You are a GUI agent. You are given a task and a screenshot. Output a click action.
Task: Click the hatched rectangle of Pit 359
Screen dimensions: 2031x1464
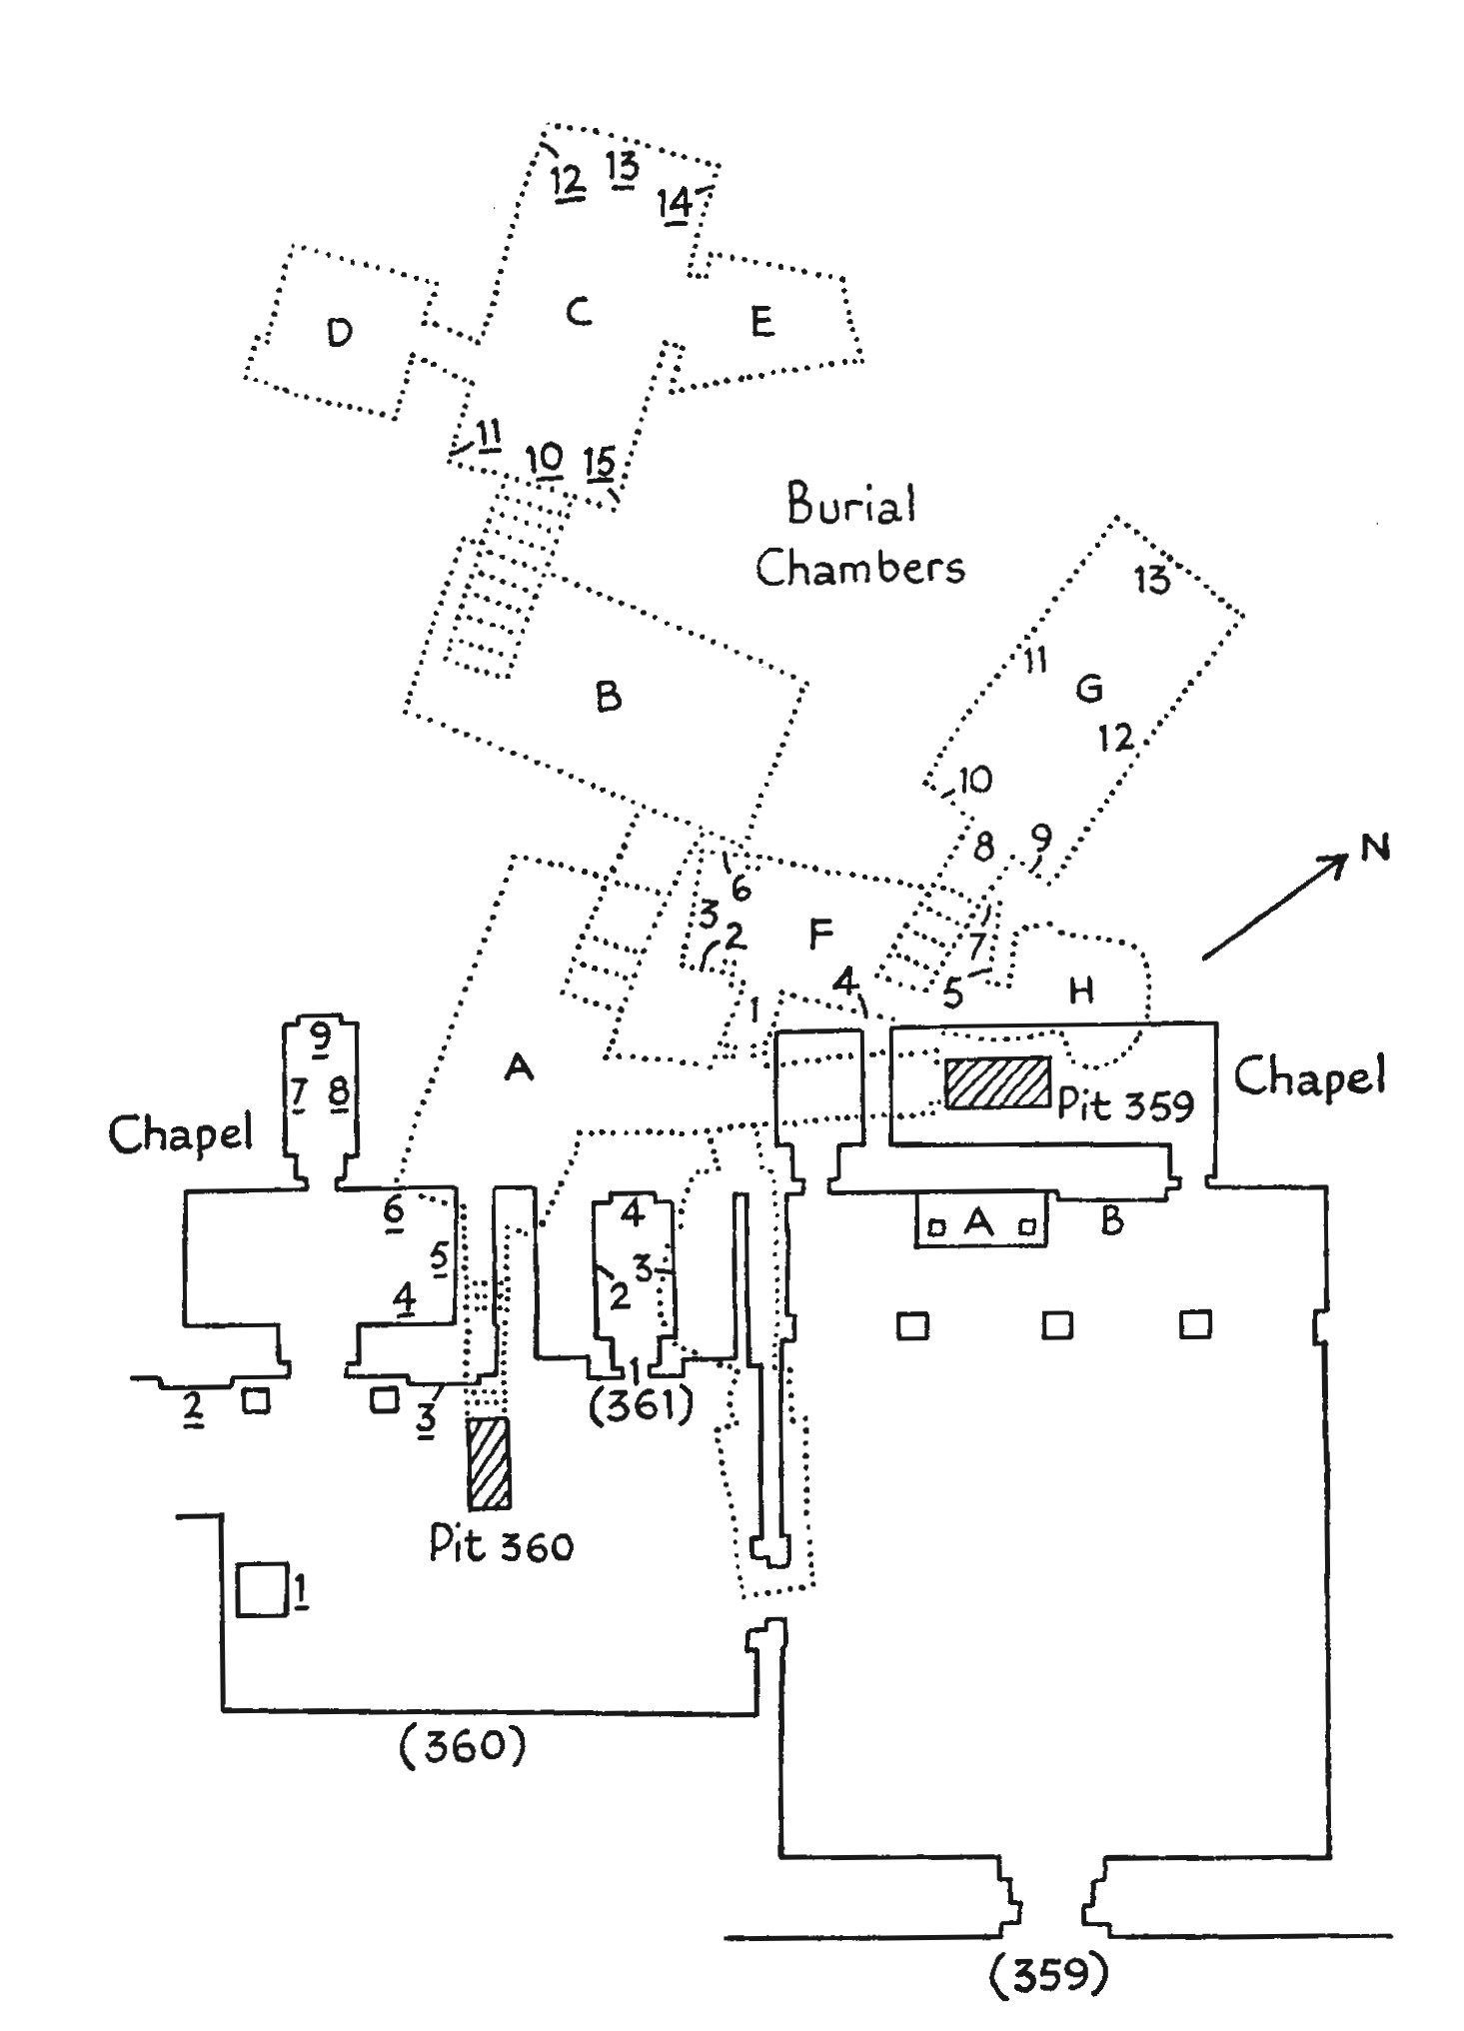pos(997,1082)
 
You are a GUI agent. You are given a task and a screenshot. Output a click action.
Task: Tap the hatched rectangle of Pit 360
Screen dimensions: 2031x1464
pos(489,1462)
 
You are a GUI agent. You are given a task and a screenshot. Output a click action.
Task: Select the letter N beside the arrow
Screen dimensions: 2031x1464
pos(1376,848)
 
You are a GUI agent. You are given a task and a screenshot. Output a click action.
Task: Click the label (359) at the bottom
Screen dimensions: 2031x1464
pos(1048,1974)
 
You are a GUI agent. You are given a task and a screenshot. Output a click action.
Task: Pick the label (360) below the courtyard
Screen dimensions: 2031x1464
pos(462,1746)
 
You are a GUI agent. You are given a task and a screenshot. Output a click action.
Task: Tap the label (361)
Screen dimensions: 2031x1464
pos(641,1405)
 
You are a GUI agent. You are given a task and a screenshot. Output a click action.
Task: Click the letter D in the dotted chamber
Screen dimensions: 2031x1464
pos(340,332)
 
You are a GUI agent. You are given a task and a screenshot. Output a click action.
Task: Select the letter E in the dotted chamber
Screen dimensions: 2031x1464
pos(761,322)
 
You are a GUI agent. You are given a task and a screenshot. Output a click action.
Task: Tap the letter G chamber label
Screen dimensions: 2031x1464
pos(1088,688)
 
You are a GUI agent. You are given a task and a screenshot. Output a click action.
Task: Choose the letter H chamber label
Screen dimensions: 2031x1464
pos(1081,990)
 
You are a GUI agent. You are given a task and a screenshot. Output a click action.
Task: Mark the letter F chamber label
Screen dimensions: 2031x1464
pos(820,935)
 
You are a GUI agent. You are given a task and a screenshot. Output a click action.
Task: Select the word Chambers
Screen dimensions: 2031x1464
pos(859,568)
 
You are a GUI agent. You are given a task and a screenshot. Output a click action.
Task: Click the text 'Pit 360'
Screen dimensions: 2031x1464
pos(501,1545)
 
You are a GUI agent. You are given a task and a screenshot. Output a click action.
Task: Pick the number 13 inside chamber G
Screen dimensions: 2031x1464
pos(1150,579)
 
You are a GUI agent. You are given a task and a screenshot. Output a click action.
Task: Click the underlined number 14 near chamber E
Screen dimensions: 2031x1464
pos(675,203)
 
